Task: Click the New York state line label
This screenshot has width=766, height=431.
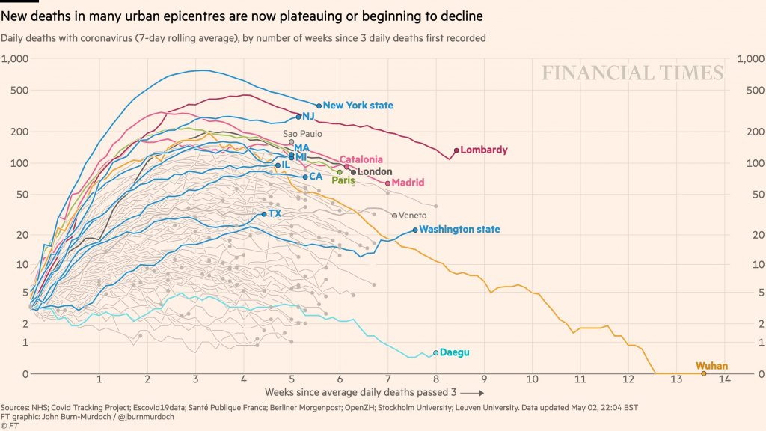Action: (358, 106)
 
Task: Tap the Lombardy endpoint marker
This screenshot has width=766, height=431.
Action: (456, 150)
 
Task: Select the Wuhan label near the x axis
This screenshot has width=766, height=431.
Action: (711, 366)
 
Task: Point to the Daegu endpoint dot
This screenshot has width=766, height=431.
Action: (435, 352)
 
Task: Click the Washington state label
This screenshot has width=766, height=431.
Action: (459, 230)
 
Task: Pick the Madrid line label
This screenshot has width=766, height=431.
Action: (408, 183)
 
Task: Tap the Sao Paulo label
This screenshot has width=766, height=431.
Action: (302, 133)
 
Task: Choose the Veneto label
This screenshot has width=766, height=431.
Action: (413, 215)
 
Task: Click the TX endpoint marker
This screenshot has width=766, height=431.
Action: (264, 214)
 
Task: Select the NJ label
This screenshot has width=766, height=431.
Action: (308, 116)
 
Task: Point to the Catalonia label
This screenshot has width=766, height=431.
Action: (361, 159)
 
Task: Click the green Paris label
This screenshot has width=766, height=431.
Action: (343, 180)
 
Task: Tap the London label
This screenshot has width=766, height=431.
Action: (375, 171)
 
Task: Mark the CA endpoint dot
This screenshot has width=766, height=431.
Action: (305, 177)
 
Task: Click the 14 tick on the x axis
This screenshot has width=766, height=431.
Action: (724, 380)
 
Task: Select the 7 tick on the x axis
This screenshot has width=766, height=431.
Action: (387, 380)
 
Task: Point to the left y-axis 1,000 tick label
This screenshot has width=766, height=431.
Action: (15, 59)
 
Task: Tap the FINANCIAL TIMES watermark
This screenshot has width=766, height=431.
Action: (633, 73)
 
